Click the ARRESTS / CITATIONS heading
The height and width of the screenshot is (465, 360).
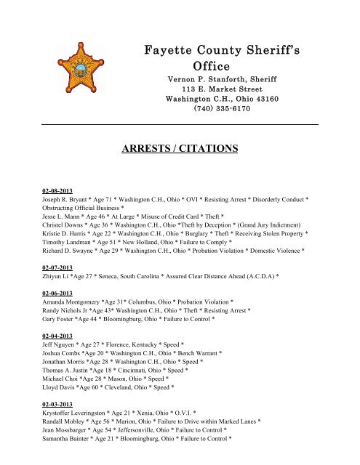point(181,150)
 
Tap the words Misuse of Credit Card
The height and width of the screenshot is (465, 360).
point(170,216)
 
